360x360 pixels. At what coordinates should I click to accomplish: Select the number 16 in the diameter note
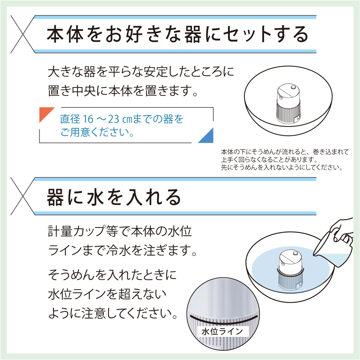click(x=88, y=119)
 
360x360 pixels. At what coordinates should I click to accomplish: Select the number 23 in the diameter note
click(x=114, y=119)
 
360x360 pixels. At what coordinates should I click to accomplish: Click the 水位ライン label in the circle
click(x=222, y=331)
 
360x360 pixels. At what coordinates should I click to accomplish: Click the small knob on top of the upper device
click(x=293, y=88)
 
